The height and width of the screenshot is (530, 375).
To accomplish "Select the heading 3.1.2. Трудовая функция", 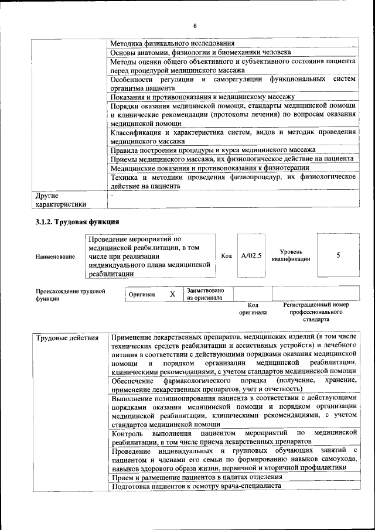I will (x=77, y=222).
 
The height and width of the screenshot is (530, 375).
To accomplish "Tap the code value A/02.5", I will (x=251, y=256).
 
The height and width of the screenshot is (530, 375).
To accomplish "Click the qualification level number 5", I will (x=338, y=256).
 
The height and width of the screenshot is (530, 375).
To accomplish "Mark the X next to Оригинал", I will (x=172, y=294).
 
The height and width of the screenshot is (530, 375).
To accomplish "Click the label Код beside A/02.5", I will (x=226, y=256).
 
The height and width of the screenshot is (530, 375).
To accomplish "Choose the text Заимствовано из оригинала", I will (x=209, y=294).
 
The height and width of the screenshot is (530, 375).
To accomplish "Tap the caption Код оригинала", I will (x=253, y=309).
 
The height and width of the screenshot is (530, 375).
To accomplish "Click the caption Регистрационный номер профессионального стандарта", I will (x=316, y=312).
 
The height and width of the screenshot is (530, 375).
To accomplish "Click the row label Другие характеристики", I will (x=61, y=200).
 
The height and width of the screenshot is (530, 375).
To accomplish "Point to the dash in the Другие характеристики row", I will (x=112, y=196).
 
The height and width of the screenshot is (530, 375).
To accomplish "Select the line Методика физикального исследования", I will (x=172, y=43).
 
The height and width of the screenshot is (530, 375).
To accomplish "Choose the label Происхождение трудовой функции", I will (x=70, y=295).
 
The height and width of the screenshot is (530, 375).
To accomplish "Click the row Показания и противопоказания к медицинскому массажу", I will (x=202, y=97).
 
